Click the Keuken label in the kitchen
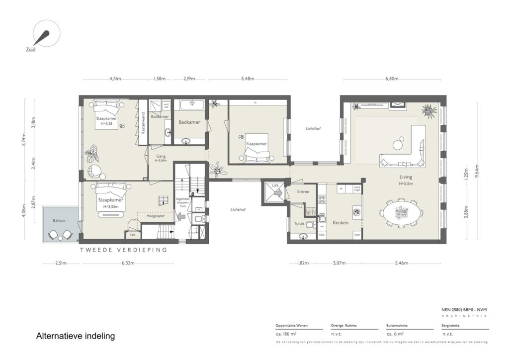340,223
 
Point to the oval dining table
401,213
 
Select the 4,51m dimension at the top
115,79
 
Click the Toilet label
299,224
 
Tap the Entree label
303,191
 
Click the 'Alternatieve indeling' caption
76,336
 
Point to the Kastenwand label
143,122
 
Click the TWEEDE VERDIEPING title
124,250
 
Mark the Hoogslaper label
155,216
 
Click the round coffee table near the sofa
398,145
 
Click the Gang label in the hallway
160,156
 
